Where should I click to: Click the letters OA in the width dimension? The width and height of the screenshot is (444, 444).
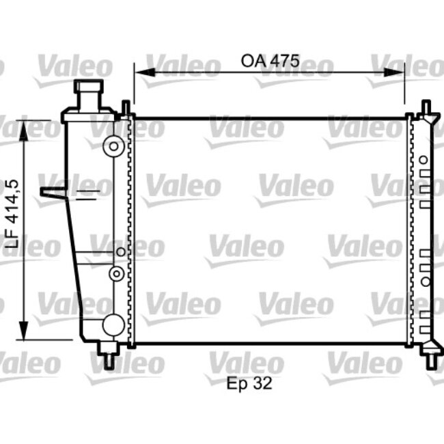point(251,61)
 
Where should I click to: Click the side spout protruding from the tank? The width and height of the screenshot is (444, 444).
point(53,193)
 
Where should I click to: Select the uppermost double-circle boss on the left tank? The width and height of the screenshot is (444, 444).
point(114,145)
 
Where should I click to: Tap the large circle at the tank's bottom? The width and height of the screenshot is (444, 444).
point(113,325)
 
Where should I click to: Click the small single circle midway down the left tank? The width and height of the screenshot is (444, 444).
point(120,252)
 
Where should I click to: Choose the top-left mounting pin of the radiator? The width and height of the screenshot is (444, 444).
point(126,108)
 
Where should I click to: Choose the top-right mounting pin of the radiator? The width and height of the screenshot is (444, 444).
point(426,109)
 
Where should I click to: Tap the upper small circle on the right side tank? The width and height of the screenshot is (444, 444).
point(424,160)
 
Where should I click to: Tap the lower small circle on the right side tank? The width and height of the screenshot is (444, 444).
point(424,281)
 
